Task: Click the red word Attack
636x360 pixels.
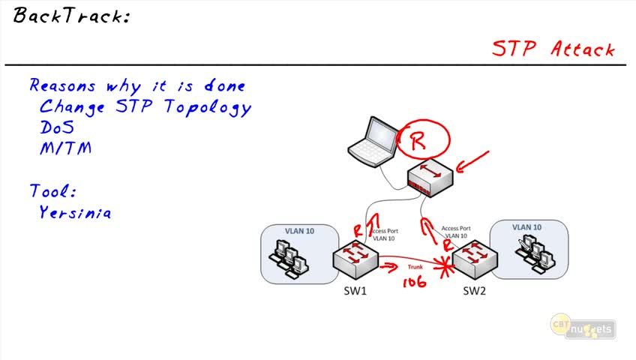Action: (583, 50)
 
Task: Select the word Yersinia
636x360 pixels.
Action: (75, 213)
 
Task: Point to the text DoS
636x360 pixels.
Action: (57, 127)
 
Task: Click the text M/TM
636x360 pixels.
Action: (66, 148)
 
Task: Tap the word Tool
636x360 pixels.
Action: (53, 191)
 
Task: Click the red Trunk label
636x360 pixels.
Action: (416, 267)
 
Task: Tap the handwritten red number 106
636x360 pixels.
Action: (414, 283)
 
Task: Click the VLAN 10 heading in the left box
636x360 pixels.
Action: (300, 231)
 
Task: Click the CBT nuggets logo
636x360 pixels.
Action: (583, 328)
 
